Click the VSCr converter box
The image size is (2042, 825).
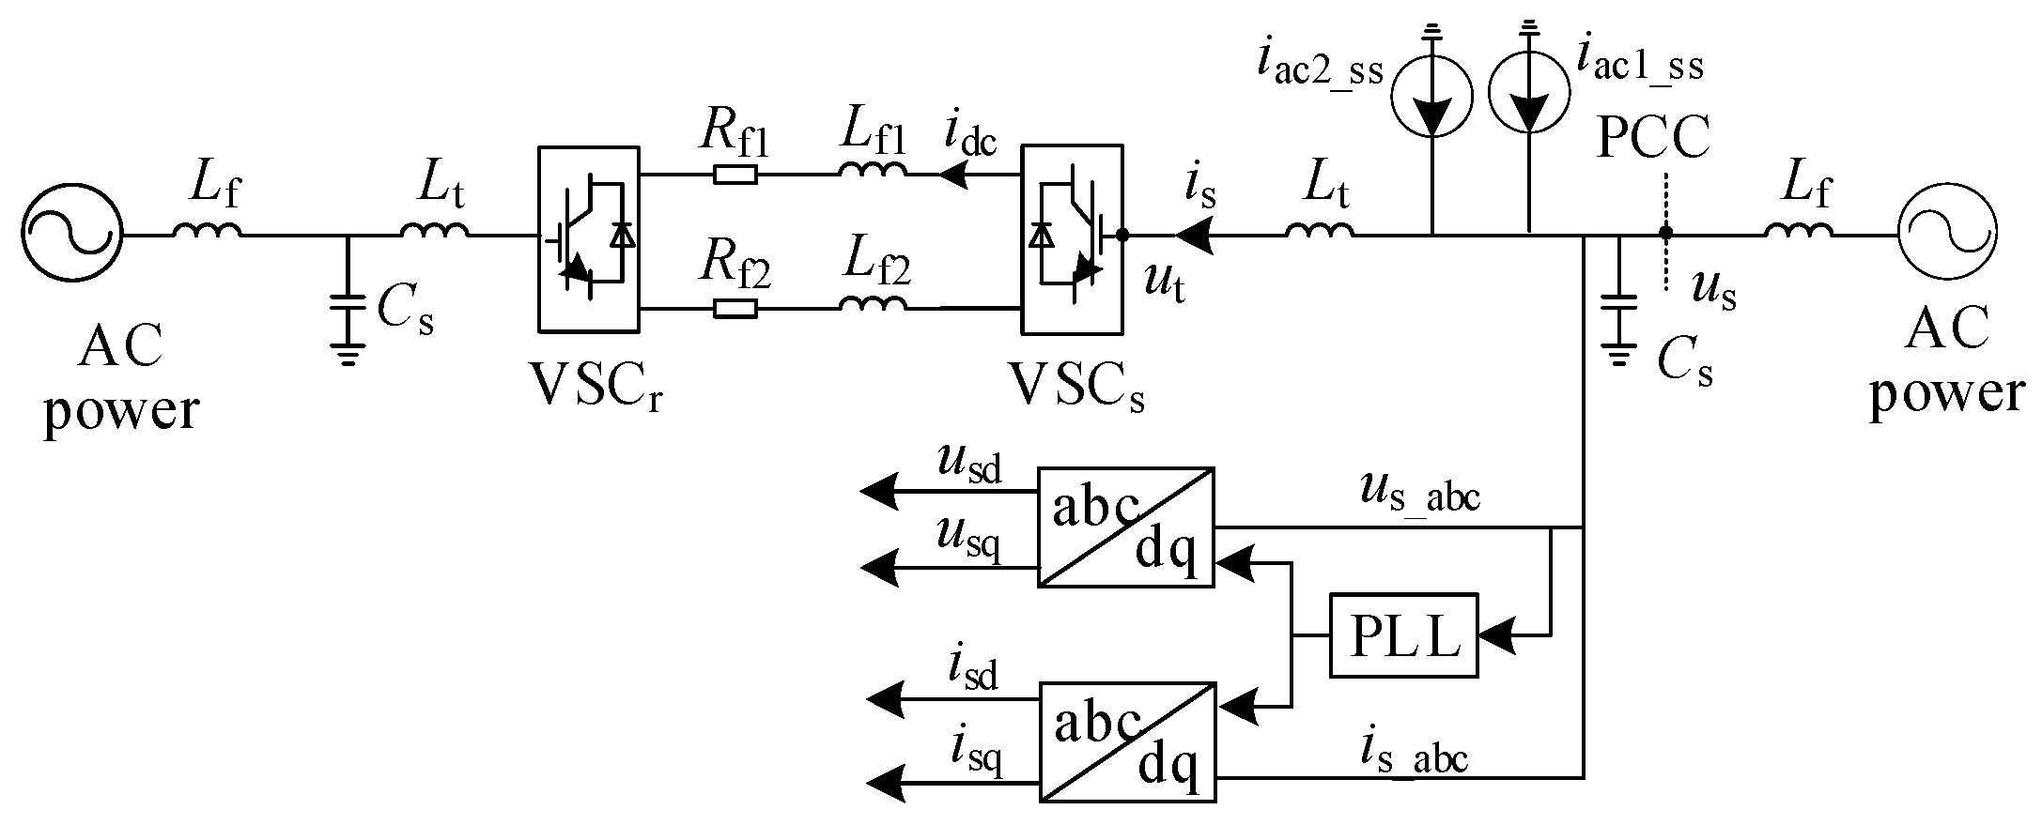pyautogui.click(x=589, y=238)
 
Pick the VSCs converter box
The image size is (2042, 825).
pyautogui.click(x=1072, y=238)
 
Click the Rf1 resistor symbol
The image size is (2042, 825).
pyautogui.click(x=735, y=175)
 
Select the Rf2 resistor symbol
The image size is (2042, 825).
pyautogui.click(x=735, y=308)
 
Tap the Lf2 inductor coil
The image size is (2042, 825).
pyautogui.click(x=874, y=303)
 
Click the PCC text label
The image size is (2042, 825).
pyautogui.click(x=1653, y=142)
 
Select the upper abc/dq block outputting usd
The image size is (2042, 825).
pyautogui.click(x=1125, y=527)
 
